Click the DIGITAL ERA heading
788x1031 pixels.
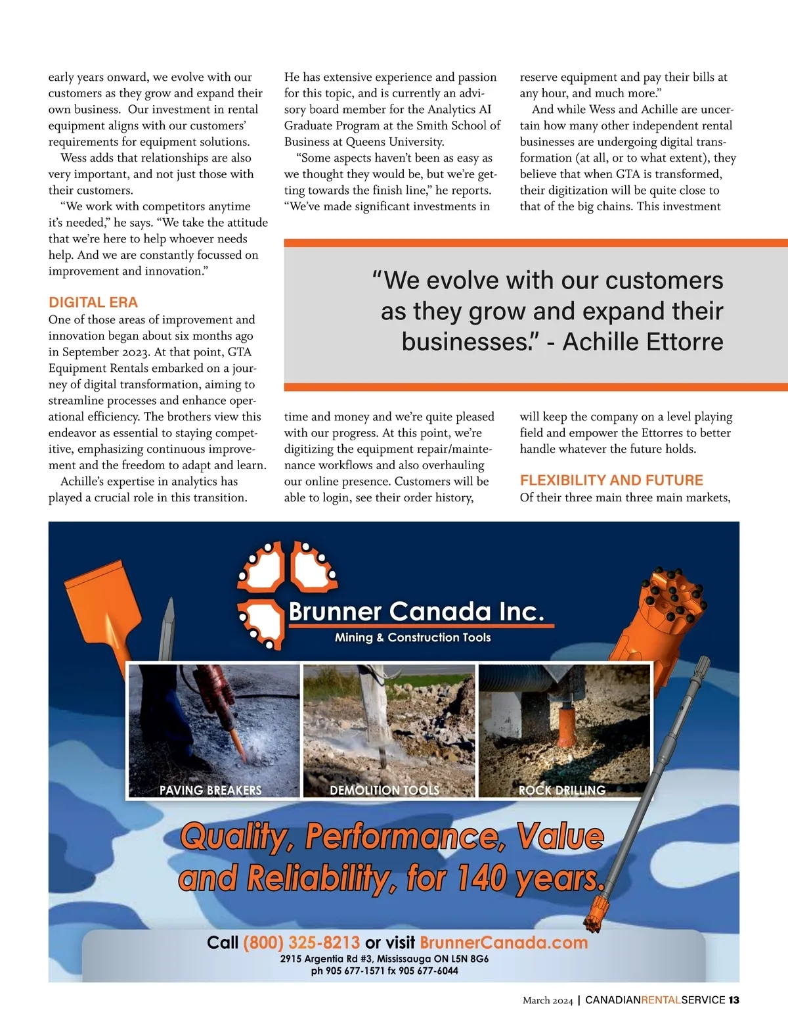pyautogui.click(x=93, y=302)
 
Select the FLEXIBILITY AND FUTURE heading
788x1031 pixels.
pyautogui.click(x=611, y=480)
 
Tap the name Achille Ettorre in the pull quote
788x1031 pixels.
pyautogui.click(x=643, y=342)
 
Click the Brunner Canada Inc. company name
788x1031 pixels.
pyautogui.click(x=416, y=612)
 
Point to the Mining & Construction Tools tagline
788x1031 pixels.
pyautogui.click(x=412, y=637)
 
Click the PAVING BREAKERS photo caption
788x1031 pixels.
pyautogui.click(x=210, y=790)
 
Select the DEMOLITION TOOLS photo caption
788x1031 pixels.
pyautogui.click(x=384, y=790)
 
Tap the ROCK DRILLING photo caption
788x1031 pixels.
pyautogui.click(x=562, y=790)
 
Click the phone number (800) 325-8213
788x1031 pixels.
pyautogui.click(x=301, y=943)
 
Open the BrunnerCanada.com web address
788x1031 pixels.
pyautogui.click(x=504, y=943)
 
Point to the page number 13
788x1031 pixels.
pyautogui.click(x=733, y=1000)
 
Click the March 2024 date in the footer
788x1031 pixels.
pyautogui.click(x=548, y=1000)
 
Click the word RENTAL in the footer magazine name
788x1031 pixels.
pyautogui.click(x=661, y=1000)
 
